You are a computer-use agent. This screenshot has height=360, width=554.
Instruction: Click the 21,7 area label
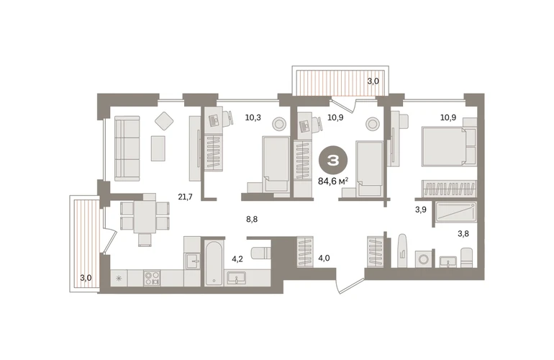click(x=185, y=197)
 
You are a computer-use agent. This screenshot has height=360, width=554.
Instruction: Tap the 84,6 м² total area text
click(x=333, y=181)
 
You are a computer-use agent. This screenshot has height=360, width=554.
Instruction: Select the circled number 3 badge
click(x=333, y=161)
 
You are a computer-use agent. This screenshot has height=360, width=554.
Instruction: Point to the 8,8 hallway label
click(x=252, y=220)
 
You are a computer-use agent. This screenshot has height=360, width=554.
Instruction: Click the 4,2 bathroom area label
click(x=237, y=259)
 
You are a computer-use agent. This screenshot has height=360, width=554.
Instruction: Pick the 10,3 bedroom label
click(x=253, y=117)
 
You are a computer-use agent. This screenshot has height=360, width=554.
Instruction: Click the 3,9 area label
click(x=420, y=210)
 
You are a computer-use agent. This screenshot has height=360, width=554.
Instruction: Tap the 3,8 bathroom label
click(x=463, y=233)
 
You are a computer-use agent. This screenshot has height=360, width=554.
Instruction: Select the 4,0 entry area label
click(x=324, y=258)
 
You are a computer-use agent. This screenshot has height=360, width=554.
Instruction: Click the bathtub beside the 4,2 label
click(x=214, y=264)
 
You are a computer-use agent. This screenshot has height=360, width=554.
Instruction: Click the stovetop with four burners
click(x=152, y=278)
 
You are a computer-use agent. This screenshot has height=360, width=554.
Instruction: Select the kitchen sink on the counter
click(x=193, y=261)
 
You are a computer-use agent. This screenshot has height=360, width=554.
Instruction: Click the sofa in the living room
click(x=127, y=148)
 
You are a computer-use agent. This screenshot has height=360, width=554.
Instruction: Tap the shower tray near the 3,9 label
click(x=455, y=212)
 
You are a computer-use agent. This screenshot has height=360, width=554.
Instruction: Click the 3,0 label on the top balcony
click(x=373, y=81)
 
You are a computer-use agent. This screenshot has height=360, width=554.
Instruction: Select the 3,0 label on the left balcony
click(x=86, y=278)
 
